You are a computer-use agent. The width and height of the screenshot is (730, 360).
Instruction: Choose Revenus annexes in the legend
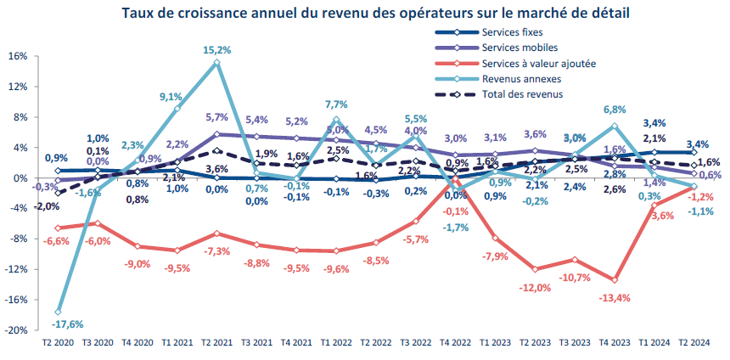[519, 79]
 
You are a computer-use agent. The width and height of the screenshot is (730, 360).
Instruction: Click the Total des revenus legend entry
[522, 94]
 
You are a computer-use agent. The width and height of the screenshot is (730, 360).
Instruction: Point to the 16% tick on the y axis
[19, 56]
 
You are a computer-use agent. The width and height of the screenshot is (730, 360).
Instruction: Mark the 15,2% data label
[216, 50]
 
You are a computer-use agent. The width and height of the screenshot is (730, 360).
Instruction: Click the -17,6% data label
[59, 323]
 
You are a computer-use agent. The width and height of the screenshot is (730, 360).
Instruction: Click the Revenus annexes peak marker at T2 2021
[217, 62]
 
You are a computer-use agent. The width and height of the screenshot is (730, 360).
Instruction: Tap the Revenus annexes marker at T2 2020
[58, 312]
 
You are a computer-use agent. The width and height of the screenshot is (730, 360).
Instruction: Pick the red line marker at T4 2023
[614, 280]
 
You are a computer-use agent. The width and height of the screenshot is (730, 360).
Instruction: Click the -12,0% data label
[536, 287]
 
